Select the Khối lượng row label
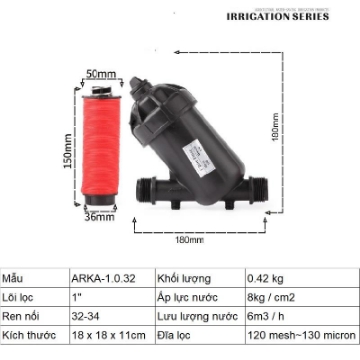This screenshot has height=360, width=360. pyautogui.click(x=183, y=277)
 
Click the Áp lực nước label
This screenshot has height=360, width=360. pyautogui.click(x=185, y=297)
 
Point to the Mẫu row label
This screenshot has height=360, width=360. pyautogui.click(x=14, y=277)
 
